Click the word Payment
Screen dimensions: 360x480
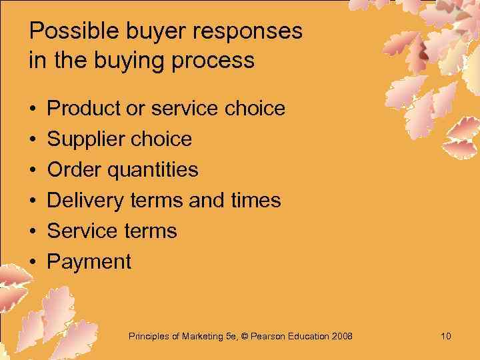pos(89,261)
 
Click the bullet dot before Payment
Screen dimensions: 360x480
pos(32,261)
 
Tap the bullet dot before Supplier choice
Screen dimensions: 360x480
pos(32,139)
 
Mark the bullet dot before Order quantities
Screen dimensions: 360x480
pos(32,169)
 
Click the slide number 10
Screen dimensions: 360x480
pos(446,336)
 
